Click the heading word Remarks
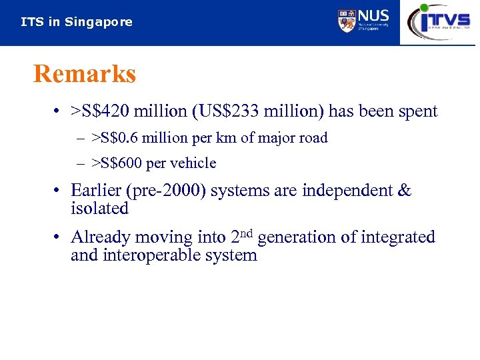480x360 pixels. pyautogui.click(x=85, y=74)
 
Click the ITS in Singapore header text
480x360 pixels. pyautogui.click(x=77, y=22)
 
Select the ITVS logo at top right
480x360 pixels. pyautogui.click(x=439, y=21)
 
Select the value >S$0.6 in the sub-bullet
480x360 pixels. pyautogui.click(x=116, y=138)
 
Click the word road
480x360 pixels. pyautogui.click(x=314, y=138)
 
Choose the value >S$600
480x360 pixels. pyautogui.click(x=115, y=163)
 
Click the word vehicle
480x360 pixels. pyautogui.click(x=194, y=163)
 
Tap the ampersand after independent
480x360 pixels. pyautogui.click(x=404, y=191)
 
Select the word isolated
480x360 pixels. pyautogui.click(x=99, y=209)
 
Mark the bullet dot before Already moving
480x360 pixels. pyautogui.click(x=59, y=237)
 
